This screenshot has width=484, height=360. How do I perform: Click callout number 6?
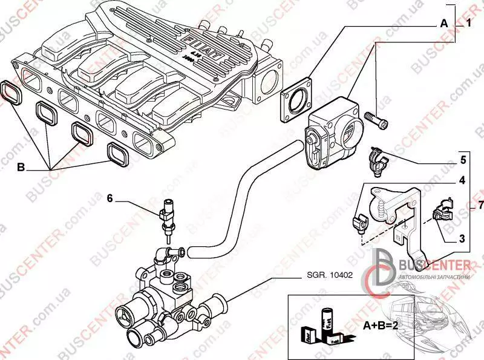pyautogui.click(x=110, y=197)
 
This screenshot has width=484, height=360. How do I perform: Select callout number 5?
pyautogui.click(x=462, y=160)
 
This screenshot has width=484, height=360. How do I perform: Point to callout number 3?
pyautogui.click(x=462, y=239)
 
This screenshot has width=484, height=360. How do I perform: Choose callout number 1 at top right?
pyautogui.click(x=468, y=24)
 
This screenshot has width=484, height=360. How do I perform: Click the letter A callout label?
pyautogui.click(x=444, y=24)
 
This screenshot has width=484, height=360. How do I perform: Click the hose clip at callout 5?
pyautogui.click(x=376, y=160)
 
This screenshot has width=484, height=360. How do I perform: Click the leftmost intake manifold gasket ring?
pyautogui.click(x=11, y=91)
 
